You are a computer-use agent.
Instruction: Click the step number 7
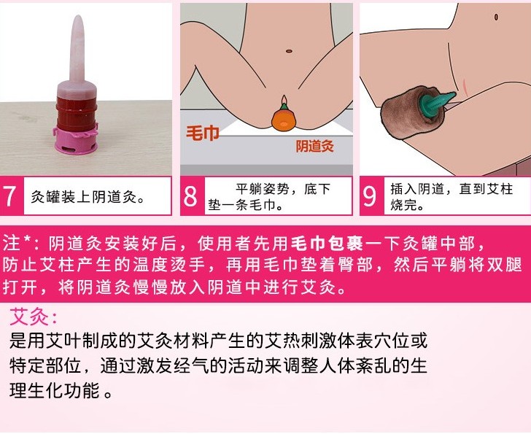(x=9, y=195)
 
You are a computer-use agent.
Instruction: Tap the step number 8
(x=190, y=195)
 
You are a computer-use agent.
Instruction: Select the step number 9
(x=369, y=195)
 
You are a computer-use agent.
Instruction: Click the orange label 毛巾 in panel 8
(x=203, y=133)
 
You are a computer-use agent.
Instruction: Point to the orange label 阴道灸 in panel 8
(x=314, y=146)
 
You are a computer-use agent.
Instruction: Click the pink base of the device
(x=76, y=141)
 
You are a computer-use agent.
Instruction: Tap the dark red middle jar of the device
(x=77, y=113)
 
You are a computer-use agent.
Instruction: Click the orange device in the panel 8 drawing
(x=284, y=119)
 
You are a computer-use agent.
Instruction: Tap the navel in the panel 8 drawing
(x=289, y=51)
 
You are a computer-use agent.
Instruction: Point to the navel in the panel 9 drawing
(x=496, y=17)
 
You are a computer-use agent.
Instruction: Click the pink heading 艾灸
(x=34, y=317)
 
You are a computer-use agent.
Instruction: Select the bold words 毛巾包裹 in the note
(x=327, y=244)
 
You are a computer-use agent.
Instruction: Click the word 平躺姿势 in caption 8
(x=263, y=189)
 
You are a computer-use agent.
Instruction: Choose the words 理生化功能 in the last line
(x=54, y=391)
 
